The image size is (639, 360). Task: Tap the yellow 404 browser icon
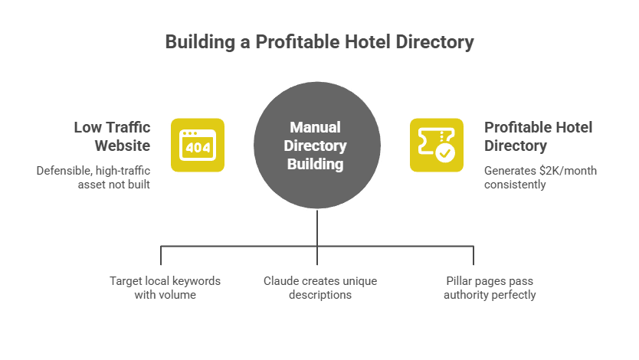(197, 144)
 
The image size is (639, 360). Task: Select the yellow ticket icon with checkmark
(436, 144)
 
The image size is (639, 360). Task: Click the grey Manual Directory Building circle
(317, 146)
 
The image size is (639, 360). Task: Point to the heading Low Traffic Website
(111, 136)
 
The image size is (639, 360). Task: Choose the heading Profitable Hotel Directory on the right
(538, 136)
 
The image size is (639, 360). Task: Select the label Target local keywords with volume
(165, 287)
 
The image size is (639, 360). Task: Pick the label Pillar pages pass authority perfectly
(489, 287)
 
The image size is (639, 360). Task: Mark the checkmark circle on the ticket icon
(445, 153)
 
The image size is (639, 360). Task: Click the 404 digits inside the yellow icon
(197, 147)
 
